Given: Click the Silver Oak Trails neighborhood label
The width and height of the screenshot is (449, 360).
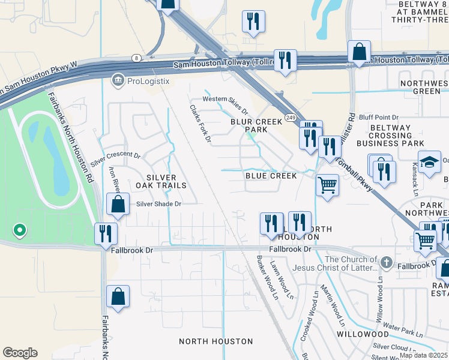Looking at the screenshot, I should pyautogui.click(x=161, y=182).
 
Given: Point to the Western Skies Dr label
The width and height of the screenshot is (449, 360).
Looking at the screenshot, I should pyautogui.click(x=225, y=104).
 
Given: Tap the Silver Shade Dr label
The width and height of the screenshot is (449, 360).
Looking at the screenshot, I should pyautogui.click(x=158, y=204).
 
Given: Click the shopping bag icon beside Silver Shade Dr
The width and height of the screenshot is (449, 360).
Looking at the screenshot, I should pyautogui.click(x=118, y=205).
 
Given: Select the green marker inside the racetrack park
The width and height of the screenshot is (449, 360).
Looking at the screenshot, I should pyautogui.click(x=19, y=230).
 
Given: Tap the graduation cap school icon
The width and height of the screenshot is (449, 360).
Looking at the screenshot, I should pyautogui.click(x=429, y=162).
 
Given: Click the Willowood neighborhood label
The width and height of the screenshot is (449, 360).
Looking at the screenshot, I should pyautogui.click(x=363, y=333).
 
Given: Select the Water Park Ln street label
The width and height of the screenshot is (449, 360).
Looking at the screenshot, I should pyautogui.click(x=399, y=329).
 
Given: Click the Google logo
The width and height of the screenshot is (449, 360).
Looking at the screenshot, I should pyautogui.click(x=20, y=353).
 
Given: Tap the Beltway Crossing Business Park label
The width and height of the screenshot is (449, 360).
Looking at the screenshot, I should pyautogui.click(x=390, y=136).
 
